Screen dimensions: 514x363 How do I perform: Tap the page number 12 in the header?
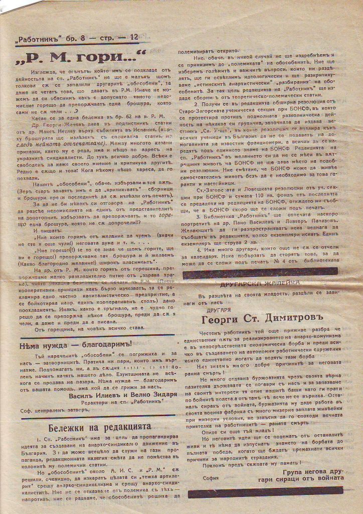pos(134,38)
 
